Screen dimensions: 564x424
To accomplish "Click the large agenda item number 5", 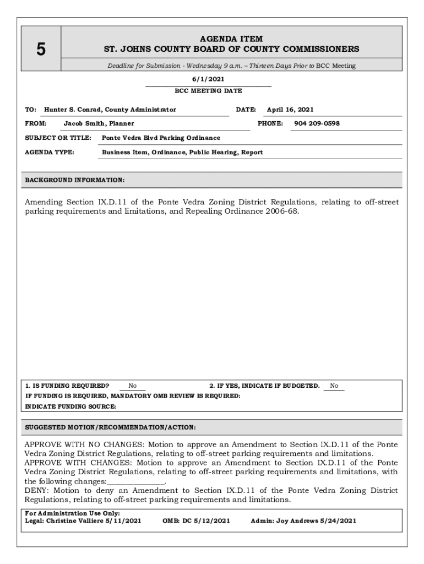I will coord(41,50).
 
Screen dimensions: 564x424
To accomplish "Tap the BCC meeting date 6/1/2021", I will coord(208,79).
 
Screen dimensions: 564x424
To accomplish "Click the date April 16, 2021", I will coord(290,110).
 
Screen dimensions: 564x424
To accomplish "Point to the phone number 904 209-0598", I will coord(317,123).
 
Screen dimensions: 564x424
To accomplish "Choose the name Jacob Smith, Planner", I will coord(99,123).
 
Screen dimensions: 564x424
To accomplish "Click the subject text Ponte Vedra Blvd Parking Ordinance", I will coord(161,138).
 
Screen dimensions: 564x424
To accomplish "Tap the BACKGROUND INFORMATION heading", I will coord(75,180).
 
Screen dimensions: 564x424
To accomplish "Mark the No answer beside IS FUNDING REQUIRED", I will coord(133,386).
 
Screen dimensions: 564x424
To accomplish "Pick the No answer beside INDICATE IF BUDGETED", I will coord(334,386).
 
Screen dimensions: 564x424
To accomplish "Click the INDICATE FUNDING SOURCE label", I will coord(71,406).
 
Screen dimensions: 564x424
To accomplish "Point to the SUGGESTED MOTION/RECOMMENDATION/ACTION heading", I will coord(110,427).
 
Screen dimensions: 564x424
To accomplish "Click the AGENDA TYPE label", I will coord(50,152).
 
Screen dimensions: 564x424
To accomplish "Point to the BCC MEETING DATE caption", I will coord(208,91).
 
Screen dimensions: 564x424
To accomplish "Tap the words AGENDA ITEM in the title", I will coord(231,39).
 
